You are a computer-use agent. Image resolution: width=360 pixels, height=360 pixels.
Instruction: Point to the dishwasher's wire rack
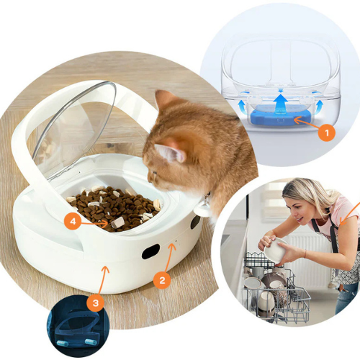pyautogui.click(x=274, y=288)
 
